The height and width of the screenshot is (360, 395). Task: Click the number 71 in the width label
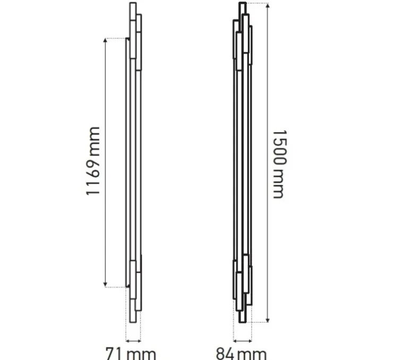point(114,353)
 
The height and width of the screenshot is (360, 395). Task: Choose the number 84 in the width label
point(226,353)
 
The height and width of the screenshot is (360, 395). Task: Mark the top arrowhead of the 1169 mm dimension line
point(106,40)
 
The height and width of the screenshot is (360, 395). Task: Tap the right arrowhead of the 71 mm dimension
point(140,339)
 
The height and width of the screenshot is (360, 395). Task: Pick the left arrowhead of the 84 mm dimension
point(235,339)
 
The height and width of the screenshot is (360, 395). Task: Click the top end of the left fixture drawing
point(133,4)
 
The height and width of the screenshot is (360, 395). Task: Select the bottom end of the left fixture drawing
point(133,321)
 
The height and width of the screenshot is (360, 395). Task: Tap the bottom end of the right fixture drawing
point(243,321)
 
